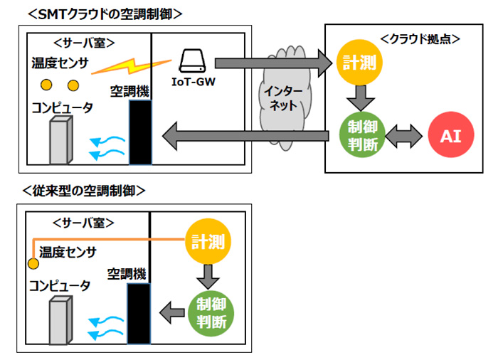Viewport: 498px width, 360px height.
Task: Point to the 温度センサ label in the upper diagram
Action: (x=60, y=65)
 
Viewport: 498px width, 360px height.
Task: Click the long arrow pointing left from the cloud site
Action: (x=246, y=133)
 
